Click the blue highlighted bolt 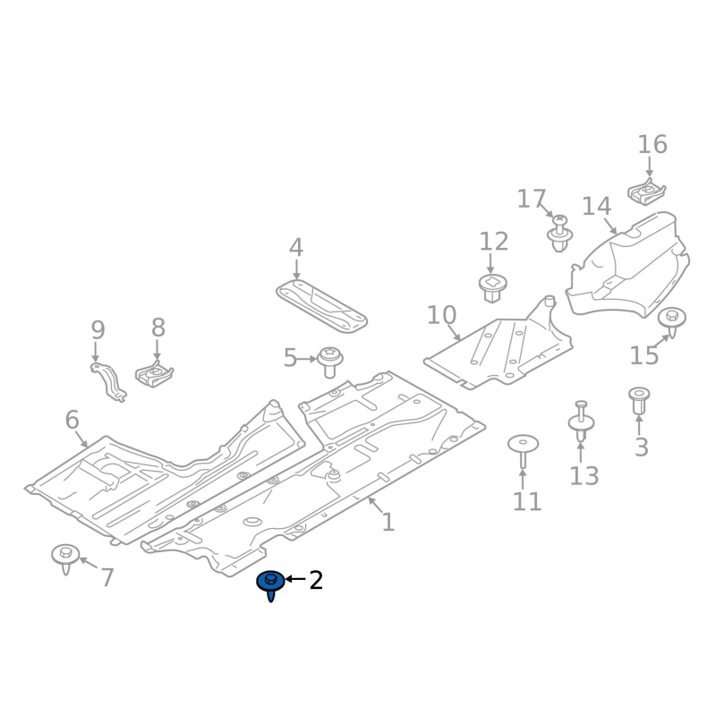270,584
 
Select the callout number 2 315,581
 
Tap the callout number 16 652,144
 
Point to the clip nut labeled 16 644,192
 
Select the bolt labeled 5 330,360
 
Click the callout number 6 72,419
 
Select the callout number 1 388,522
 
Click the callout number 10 441,315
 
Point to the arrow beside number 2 294,581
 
